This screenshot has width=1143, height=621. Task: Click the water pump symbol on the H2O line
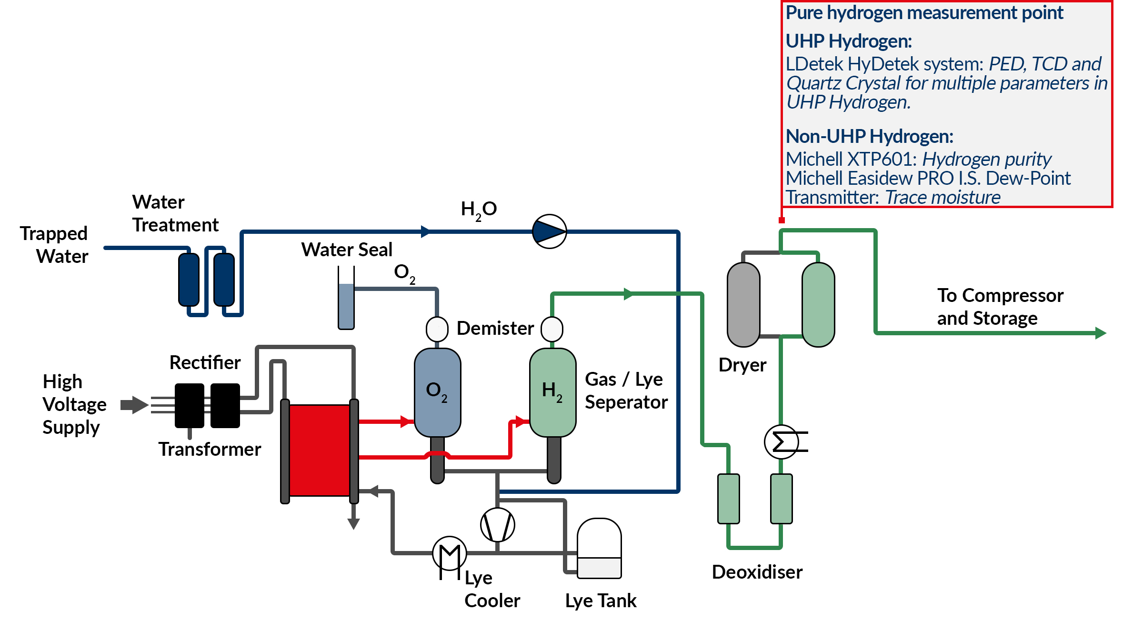click(x=549, y=231)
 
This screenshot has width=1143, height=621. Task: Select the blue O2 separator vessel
click(x=437, y=392)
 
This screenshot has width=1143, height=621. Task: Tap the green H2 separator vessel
click(x=552, y=392)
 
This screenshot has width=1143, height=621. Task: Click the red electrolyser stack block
click(x=320, y=450)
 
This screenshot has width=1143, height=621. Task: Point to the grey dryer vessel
click(x=743, y=305)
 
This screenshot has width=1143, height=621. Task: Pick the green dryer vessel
click(x=818, y=305)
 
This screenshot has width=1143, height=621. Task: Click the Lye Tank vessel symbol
click(x=599, y=549)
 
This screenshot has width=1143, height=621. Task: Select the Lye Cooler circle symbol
click(x=449, y=553)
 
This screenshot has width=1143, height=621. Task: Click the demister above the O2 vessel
click(x=437, y=329)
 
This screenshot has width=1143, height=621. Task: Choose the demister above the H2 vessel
click(x=552, y=329)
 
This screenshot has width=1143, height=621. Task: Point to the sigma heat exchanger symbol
click(x=782, y=442)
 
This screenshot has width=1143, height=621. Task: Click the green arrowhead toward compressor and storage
click(x=1100, y=333)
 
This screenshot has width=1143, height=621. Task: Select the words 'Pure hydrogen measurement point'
click(x=924, y=13)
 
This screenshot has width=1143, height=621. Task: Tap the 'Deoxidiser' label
click(x=757, y=572)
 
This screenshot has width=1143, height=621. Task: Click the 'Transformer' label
click(x=210, y=449)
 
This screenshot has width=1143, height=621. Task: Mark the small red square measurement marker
click(x=782, y=220)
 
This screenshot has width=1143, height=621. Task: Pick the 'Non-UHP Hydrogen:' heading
click(x=869, y=137)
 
